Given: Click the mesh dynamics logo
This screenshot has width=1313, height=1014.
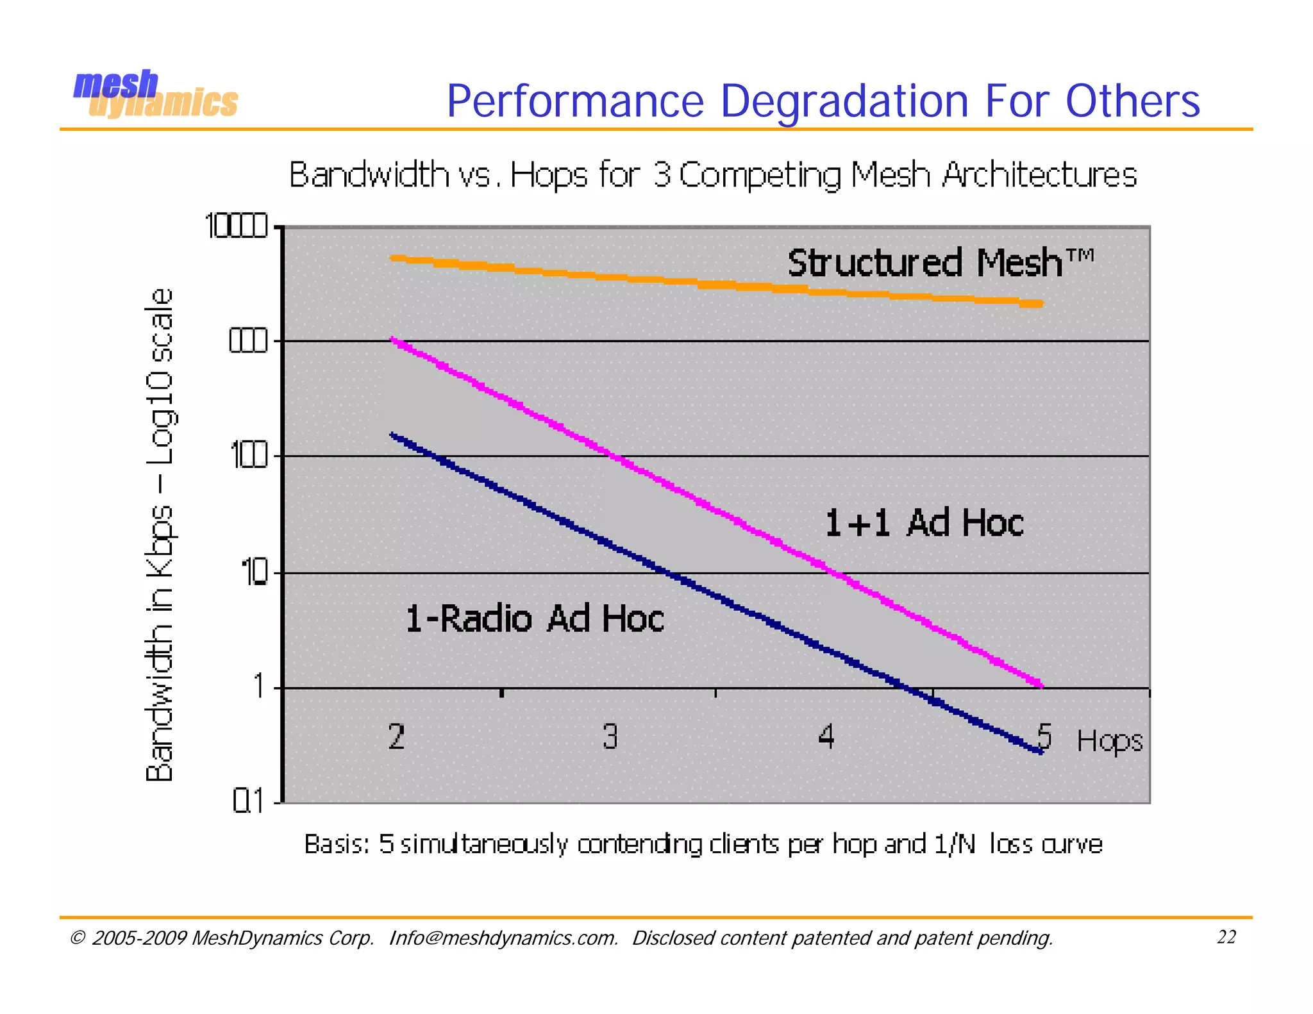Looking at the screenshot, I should pos(155,95).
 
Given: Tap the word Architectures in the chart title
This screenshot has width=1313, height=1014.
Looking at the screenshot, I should pos(1039,174).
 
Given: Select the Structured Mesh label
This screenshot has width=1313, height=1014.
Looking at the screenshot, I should pos(940,263).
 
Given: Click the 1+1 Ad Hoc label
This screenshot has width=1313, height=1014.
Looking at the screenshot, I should pos(924,522).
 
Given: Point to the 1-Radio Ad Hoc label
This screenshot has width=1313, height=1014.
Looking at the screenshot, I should pos(535,619).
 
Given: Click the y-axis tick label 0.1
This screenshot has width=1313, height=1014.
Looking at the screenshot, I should pos(248,801).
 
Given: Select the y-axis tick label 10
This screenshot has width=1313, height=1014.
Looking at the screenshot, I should pos(254,572).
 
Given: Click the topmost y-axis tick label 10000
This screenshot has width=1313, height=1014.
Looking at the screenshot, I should pos(235,226).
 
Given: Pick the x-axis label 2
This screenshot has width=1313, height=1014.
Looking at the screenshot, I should pos(396,736).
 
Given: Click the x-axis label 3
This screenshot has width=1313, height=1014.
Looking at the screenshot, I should pos(610,736).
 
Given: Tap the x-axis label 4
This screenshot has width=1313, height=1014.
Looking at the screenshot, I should pos(826,736).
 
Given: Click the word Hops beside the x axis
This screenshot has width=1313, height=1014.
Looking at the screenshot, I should pos(1109,742).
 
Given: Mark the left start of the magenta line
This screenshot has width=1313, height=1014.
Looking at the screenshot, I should pos(394,340).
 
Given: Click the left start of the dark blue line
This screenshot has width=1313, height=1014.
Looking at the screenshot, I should pos(393,436).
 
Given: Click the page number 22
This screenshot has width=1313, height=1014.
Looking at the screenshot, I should pos(1226,937).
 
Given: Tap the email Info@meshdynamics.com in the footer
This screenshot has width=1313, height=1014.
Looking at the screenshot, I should pos(503,938).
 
